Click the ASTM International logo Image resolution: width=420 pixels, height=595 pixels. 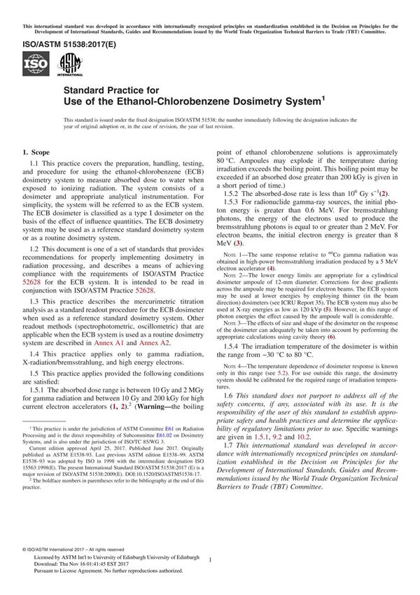click(70, 65)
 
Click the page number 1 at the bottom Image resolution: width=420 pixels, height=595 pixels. click(210, 559)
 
